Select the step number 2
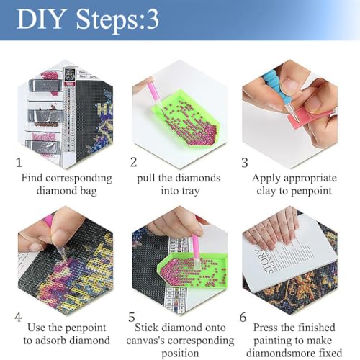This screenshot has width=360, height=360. (133, 163)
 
